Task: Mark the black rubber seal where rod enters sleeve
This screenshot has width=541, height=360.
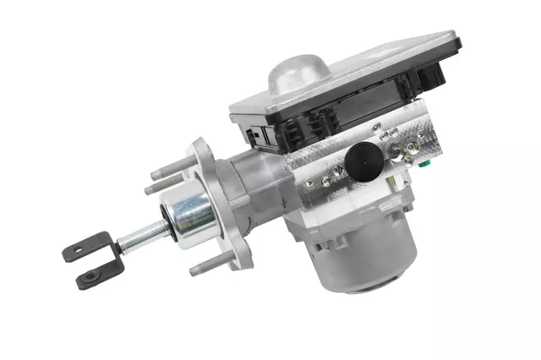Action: pos(164,226)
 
